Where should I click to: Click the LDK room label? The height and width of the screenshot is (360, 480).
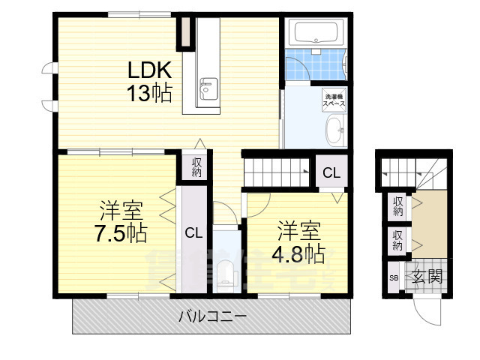(149, 70)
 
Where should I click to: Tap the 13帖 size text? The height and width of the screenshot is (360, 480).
(149, 93)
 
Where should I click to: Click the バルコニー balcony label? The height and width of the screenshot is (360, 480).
(212, 316)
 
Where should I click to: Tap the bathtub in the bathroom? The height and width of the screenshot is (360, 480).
(316, 32)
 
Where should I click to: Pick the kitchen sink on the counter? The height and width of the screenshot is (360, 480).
(207, 89)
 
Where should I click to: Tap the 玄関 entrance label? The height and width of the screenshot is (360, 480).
(427, 276)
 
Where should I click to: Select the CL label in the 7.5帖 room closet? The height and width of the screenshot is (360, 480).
(193, 232)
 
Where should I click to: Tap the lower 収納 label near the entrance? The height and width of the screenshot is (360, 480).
(397, 241)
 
